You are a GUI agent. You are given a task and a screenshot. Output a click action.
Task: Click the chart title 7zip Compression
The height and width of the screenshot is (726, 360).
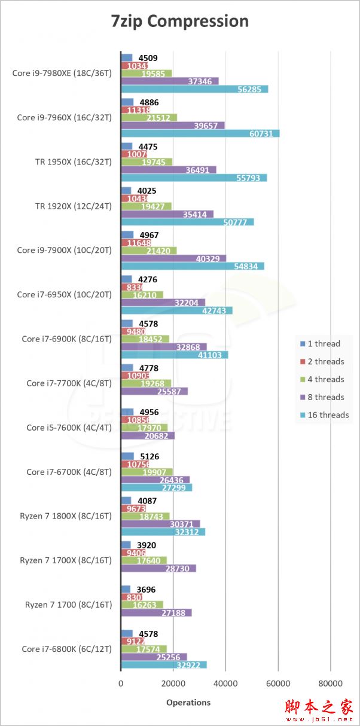tap(180, 22)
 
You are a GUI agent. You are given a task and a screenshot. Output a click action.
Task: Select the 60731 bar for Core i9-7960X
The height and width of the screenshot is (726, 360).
tap(200, 133)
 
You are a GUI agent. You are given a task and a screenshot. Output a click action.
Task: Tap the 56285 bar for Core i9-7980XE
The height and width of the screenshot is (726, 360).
tap(194, 89)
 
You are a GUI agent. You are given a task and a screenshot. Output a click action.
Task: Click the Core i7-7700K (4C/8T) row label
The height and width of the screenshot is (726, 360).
tap(69, 383)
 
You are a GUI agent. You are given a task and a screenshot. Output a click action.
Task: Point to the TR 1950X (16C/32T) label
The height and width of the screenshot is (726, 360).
tap(74, 161)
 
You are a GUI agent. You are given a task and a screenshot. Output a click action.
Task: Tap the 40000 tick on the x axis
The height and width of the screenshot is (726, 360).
tap(226, 683)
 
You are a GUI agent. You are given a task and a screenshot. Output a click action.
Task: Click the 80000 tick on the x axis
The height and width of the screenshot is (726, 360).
tap(331, 683)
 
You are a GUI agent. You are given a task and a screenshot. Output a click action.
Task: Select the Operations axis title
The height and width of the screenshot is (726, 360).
tap(188, 702)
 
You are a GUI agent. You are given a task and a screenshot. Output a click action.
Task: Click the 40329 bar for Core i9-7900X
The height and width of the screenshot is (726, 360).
tap(173, 258)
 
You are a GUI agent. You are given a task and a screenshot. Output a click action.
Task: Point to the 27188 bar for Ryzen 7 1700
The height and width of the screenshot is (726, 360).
tap(157, 613)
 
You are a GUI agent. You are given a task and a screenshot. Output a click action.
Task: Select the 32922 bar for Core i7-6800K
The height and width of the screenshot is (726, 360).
tap(164, 664)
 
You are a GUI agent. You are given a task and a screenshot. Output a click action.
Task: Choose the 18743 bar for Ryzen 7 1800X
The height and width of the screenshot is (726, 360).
tap(145, 516)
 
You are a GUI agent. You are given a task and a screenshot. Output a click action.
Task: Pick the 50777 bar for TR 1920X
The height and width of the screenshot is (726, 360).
tap(187, 222)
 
